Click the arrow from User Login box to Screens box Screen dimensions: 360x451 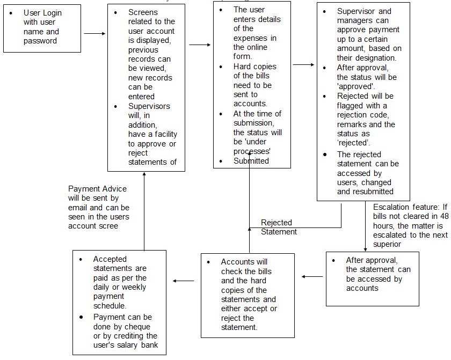[x=94, y=33]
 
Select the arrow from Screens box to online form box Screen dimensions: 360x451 [x=200, y=45]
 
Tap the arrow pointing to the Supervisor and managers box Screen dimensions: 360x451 [x=303, y=64]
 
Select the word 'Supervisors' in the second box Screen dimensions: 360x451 [x=149, y=106]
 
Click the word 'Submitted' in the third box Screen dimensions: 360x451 [x=251, y=160]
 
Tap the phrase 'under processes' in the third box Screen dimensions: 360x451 [x=253, y=146]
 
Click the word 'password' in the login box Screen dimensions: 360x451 [x=40, y=41]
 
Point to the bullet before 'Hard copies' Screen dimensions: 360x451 [x=221, y=67]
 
